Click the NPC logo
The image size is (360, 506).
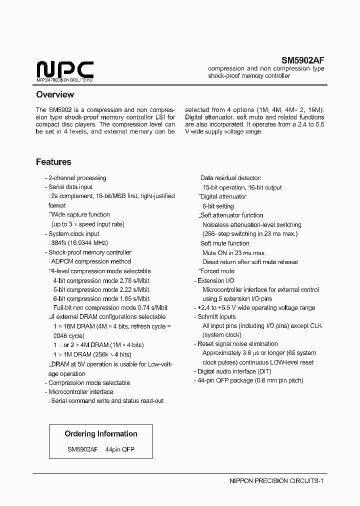click(x=65, y=70)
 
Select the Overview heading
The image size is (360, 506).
click(x=55, y=94)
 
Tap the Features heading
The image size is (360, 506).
click(x=53, y=162)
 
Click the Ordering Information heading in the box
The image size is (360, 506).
click(x=101, y=434)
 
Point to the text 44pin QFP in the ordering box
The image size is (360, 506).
click(x=120, y=449)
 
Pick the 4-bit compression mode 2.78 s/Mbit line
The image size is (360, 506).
click(x=101, y=280)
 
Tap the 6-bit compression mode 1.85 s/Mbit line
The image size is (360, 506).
click(x=101, y=298)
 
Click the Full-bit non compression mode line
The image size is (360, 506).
click(x=110, y=307)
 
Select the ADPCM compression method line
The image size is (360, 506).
click(x=91, y=261)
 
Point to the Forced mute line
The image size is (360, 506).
click(x=217, y=271)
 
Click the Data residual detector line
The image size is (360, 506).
click(x=230, y=178)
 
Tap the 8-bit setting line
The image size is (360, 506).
click(x=218, y=206)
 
